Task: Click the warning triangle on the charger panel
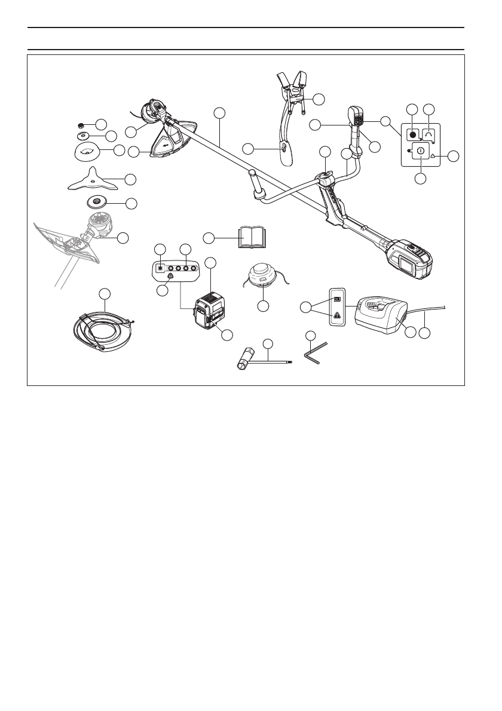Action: tap(337, 315)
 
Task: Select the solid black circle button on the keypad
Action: tap(412, 134)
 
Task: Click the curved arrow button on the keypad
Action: tap(429, 134)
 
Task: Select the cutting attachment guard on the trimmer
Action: tap(169, 143)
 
